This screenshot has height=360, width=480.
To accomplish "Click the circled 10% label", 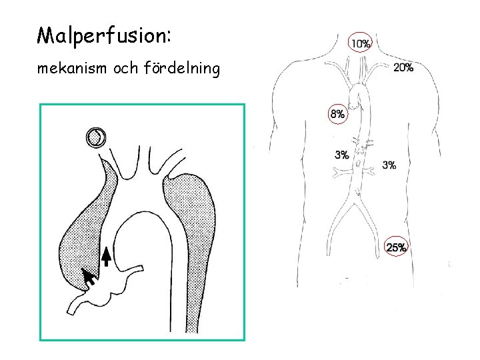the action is point(361,44).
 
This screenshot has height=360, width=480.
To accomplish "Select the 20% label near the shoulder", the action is point(403,67).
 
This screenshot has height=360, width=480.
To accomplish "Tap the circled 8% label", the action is point(337,114).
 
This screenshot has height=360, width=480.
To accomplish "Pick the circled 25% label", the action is point(397,248).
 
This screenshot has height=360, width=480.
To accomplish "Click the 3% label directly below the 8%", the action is point(341,155).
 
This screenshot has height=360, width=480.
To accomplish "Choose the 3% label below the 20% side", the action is point(389,165).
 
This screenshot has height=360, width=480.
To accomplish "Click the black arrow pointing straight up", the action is point(105,255).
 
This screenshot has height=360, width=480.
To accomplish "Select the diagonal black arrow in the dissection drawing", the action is point(87,276).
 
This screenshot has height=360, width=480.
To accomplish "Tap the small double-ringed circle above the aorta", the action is point(96,138).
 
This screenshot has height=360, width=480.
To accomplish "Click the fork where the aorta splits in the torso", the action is point(356,190).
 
